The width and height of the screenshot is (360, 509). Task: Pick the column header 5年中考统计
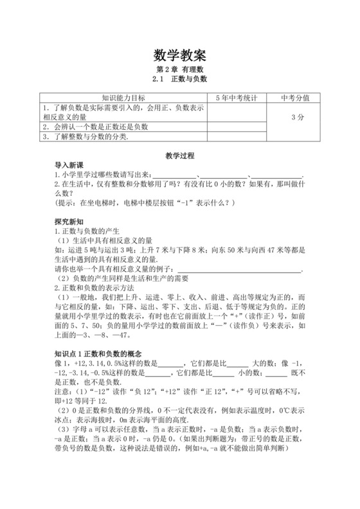236,98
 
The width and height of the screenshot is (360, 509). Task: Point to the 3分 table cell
296,118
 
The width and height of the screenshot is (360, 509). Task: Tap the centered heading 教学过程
179,156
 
